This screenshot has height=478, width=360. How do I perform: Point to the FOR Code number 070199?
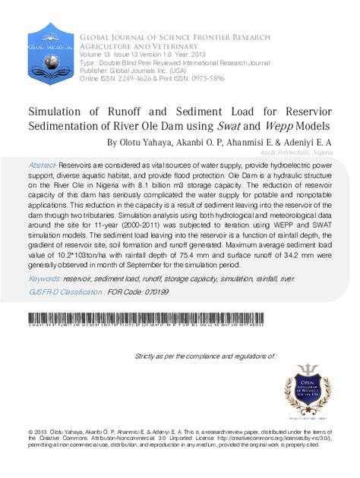pos(154,291)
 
